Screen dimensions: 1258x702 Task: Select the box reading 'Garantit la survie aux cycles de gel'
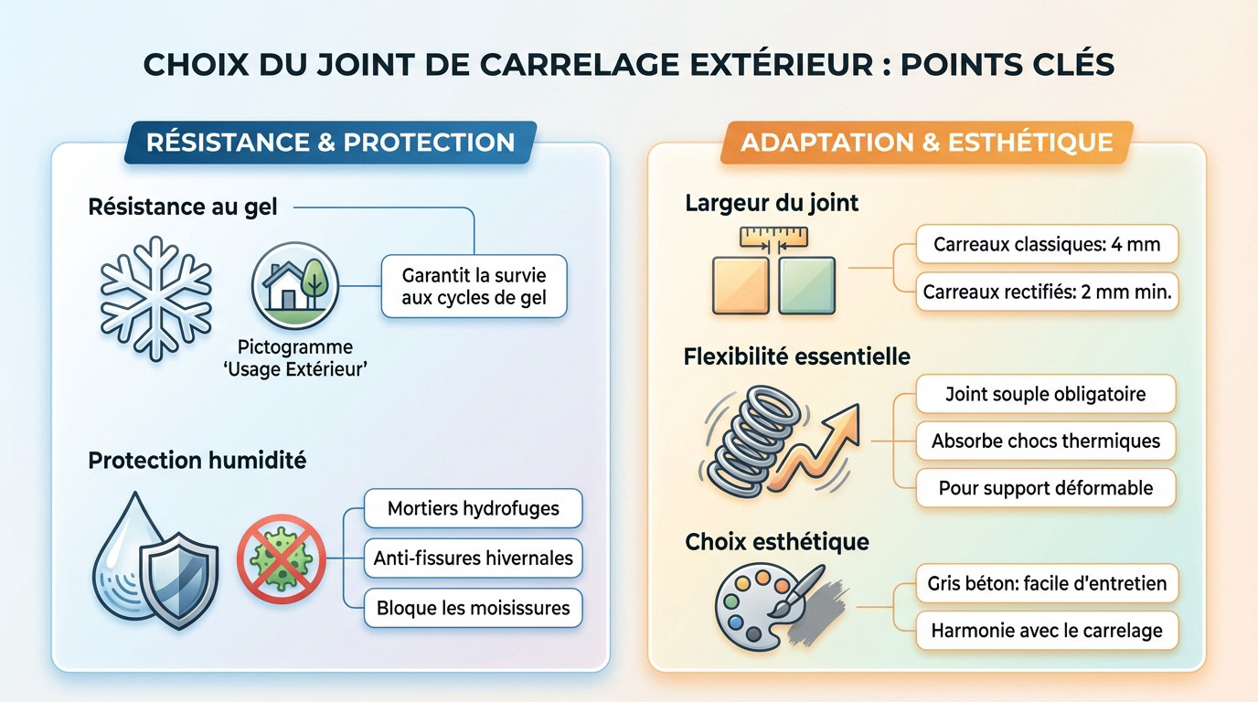pos(474,286)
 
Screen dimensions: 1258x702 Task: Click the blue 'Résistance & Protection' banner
pos(330,143)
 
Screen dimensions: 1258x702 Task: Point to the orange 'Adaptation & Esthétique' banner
pos(926,143)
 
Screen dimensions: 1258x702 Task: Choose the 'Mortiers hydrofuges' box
pos(473,508)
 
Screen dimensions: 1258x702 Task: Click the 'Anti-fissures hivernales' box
pos(473,558)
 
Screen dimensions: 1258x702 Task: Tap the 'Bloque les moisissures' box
pos(473,608)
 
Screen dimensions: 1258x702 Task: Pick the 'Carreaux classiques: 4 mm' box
pos(1046,245)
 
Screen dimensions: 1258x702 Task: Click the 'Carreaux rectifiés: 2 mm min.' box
pos(1046,292)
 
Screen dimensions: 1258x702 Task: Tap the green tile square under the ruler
pos(806,286)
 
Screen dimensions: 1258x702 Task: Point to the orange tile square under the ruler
pos(741,286)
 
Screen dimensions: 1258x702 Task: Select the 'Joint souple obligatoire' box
pos(1045,394)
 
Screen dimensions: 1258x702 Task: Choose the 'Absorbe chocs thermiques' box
pos(1045,441)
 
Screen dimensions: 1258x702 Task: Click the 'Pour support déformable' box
pos(1045,488)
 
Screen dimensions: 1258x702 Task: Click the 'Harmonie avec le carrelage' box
pos(1046,630)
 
